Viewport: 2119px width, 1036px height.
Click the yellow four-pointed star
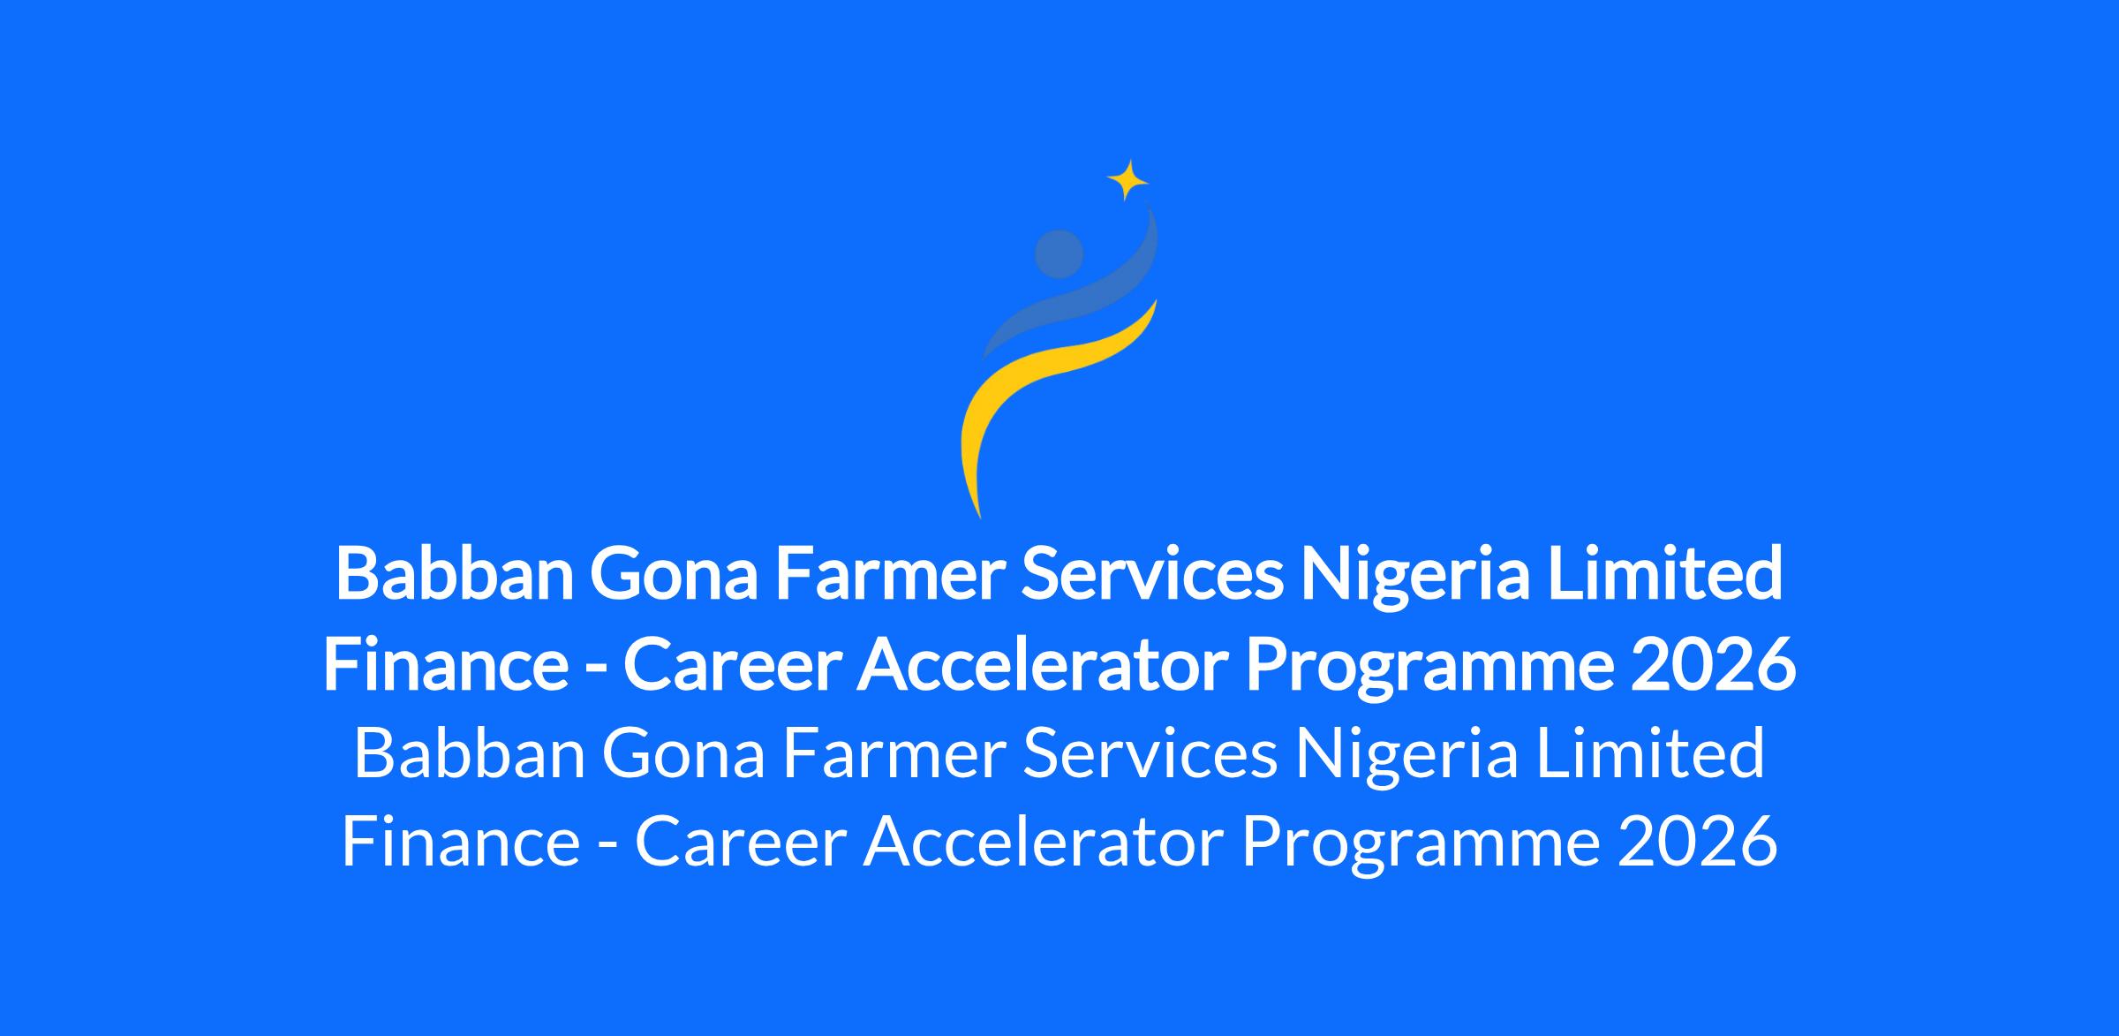click(1127, 180)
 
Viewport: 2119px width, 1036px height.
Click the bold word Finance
click(446, 666)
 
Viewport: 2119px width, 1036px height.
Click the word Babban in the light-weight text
click(470, 753)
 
